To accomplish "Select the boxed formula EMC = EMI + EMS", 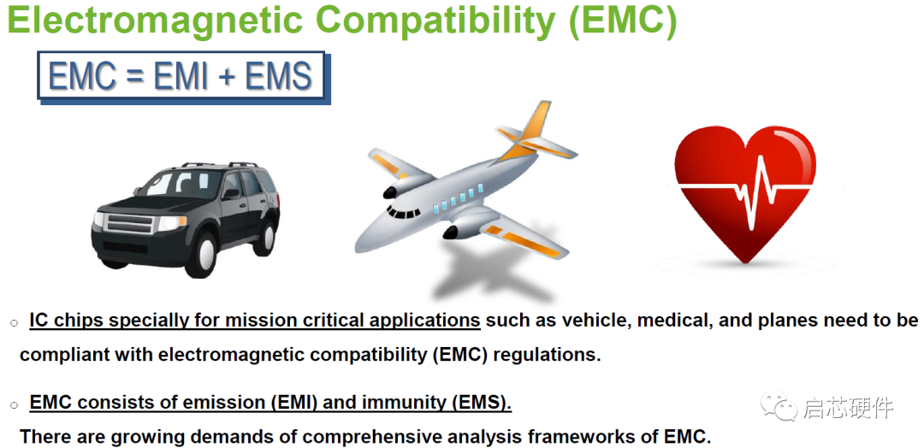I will tap(181, 77).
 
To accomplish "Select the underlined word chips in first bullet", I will tap(80, 321).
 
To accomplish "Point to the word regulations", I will tap(546, 354).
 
